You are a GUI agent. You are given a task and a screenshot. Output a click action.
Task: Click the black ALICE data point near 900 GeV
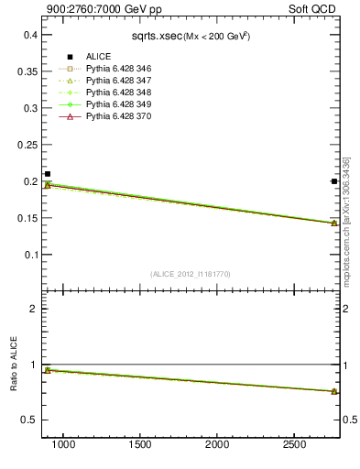point(48,174)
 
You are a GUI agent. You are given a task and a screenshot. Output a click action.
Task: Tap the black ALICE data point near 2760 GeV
point(334,181)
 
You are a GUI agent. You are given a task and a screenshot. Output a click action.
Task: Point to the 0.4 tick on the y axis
point(29,35)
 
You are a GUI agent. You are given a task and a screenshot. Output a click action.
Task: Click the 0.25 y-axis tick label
point(27,145)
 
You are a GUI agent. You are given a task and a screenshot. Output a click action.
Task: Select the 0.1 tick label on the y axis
point(29,255)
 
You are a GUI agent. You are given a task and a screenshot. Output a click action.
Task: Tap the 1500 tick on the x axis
point(140,444)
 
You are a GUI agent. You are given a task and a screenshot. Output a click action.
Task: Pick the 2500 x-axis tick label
point(294,444)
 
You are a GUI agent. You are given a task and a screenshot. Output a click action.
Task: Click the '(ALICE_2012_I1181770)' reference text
point(189,273)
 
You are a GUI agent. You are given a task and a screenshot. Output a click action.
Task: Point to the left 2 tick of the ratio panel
point(32,309)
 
